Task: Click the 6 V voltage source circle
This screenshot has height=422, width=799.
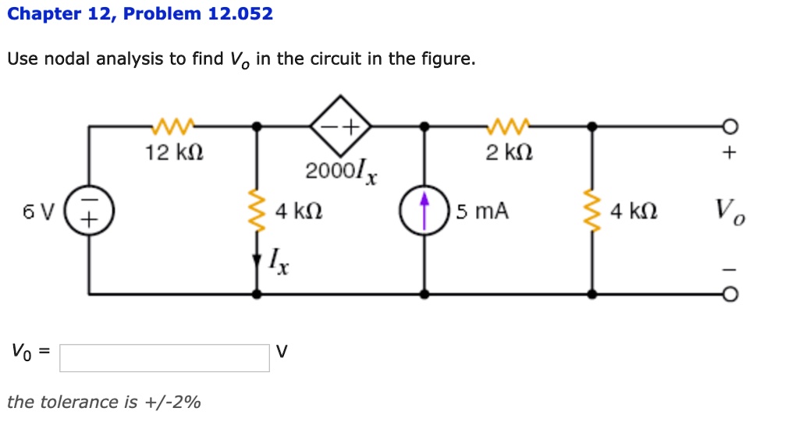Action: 88,210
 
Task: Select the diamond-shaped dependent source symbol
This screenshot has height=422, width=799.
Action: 340,125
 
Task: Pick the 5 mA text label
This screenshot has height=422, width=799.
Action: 483,211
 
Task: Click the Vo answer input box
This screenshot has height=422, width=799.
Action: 165,357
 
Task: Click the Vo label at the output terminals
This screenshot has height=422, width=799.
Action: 729,210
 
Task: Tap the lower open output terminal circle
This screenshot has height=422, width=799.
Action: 729,294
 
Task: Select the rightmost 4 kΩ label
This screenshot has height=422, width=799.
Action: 634,211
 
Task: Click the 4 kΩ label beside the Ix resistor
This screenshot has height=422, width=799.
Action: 300,211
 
